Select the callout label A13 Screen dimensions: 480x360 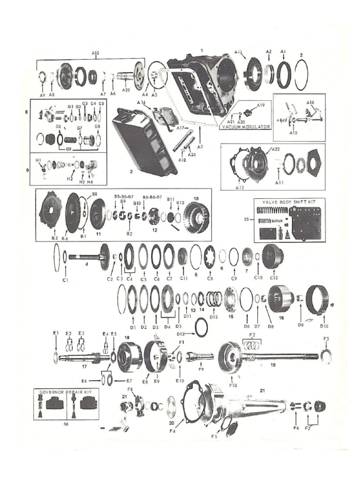[x=238, y=51]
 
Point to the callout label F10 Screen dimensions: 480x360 [x=233, y=385]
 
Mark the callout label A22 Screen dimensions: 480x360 [x=275, y=149]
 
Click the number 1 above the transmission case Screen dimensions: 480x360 [x=202, y=50]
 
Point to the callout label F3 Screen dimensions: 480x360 [x=327, y=338]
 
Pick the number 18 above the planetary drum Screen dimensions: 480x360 [x=127, y=337]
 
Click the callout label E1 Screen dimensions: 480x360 [x=56, y=332]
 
